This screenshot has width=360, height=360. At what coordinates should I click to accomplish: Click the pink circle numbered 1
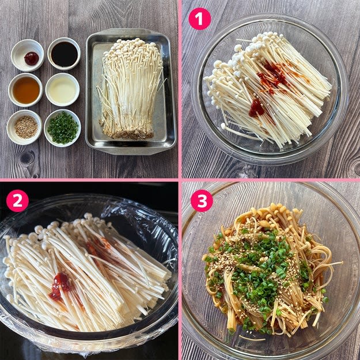(199, 19)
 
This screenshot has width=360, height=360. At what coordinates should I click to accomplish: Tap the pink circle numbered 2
(17, 200)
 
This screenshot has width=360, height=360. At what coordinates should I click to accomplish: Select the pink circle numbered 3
(202, 200)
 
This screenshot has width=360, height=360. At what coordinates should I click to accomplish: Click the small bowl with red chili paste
(27, 55)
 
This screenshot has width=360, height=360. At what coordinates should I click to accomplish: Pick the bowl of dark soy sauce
(64, 54)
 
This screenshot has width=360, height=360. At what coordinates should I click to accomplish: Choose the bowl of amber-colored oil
(25, 90)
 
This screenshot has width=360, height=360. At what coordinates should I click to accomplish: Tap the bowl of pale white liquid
(62, 89)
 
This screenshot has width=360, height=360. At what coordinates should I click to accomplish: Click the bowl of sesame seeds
(25, 127)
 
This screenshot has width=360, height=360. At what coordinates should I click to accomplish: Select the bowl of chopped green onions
(62, 128)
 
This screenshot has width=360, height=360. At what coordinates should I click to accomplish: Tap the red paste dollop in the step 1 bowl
(256, 108)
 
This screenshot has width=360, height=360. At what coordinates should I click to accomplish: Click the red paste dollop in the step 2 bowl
(59, 285)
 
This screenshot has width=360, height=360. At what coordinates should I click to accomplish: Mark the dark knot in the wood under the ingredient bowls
(27, 158)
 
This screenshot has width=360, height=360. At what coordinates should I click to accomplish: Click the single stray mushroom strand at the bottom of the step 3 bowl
(252, 338)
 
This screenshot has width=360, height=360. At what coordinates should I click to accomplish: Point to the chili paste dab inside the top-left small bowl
(32, 58)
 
